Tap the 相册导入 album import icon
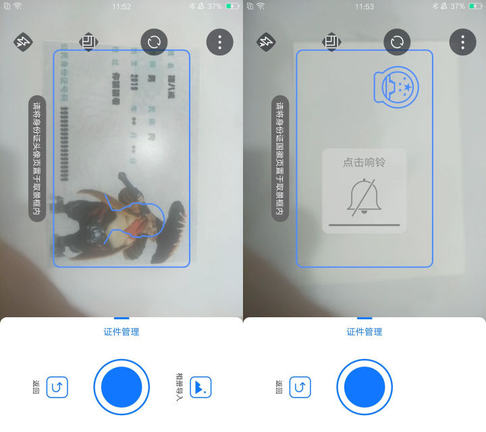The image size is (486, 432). tap(200, 387)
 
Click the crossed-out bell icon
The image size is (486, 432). tap(362, 196)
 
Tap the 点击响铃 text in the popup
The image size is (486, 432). tap(364, 163)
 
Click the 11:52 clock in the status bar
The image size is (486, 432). tap(122, 6)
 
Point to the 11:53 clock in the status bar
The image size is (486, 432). tap(364, 6)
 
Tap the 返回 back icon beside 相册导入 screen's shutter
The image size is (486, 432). tap(57, 387)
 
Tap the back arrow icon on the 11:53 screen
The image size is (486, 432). tap(300, 387)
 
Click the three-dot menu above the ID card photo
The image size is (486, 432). tap(219, 43)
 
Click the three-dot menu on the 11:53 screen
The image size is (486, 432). tap(462, 43)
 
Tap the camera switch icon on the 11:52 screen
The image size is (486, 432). tap(154, 42)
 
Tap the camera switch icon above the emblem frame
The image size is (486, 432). tap(397, 42)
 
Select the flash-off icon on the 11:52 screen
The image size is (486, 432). tap(23, 43)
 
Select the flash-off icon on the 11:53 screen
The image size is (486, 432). tap(266, 43)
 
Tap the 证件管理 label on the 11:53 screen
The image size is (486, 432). tap(364, 331)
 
